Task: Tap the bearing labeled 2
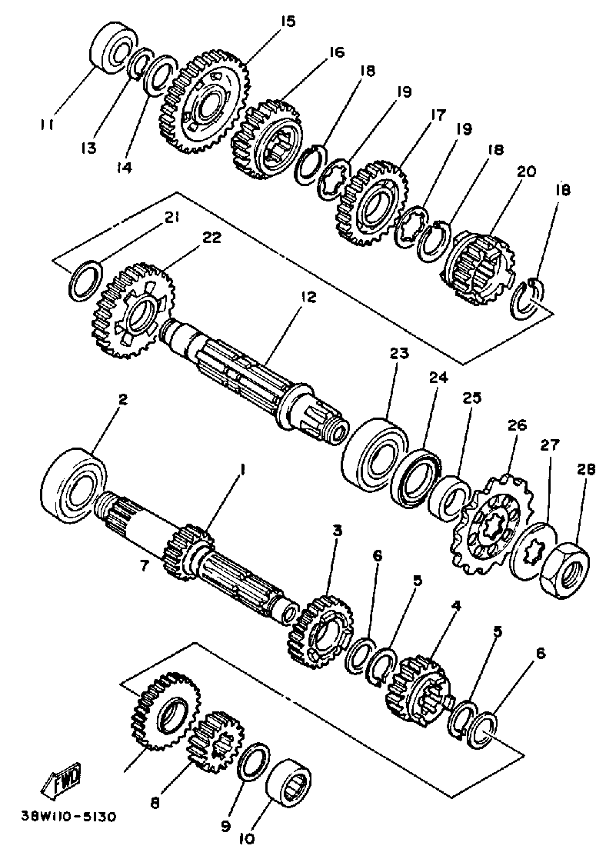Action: click(75, 484)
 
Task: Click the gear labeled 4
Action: click(415, 688)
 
